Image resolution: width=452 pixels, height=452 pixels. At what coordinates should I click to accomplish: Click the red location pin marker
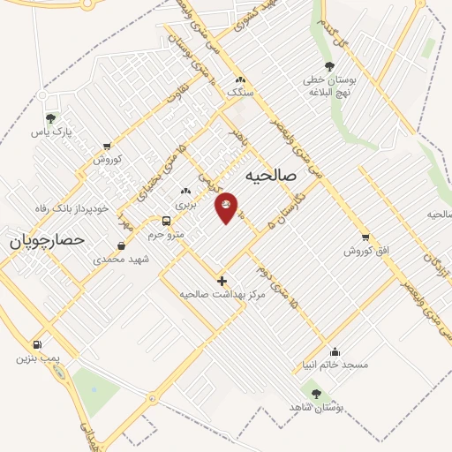pos(226,207)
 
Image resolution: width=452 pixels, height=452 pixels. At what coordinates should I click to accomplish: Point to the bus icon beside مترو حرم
pos(166,221)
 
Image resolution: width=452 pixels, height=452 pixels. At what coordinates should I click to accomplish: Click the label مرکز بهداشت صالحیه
pos(222,293)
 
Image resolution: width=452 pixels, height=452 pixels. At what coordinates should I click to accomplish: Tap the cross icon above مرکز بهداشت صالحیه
pos(222,280)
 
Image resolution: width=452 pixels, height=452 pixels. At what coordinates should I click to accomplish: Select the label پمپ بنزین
pos(36,358)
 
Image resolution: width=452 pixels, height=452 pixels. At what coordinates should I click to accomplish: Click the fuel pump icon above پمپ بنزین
pos(36,344)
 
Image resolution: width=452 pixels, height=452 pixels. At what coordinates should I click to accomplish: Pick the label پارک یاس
pos(50,132)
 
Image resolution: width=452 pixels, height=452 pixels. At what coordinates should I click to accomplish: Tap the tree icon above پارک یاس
pos(50,117)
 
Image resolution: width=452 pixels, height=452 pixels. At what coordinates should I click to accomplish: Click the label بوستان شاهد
pos(316,407)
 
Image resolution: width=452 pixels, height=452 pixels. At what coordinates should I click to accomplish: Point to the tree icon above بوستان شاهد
pos(316,393)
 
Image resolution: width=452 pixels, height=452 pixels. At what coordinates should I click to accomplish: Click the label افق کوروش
pos(366,252)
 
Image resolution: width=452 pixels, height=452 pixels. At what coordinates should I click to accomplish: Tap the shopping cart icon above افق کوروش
pos(366,237)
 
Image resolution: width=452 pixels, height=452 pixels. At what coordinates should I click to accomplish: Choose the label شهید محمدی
pos(122,260)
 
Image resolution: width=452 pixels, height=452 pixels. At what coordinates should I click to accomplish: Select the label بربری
pos(185,204)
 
